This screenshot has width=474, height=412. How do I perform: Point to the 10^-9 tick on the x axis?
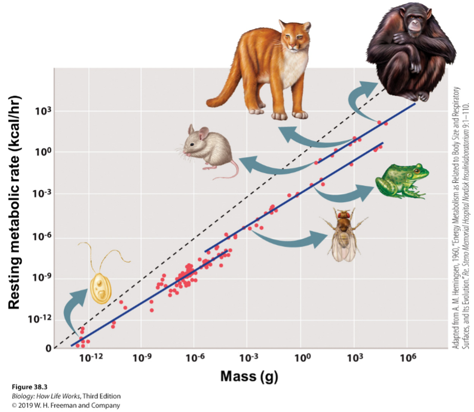click(142, 358)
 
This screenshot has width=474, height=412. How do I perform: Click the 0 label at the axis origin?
click(49, 349)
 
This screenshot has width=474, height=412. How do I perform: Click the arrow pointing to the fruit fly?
click(290, 239)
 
